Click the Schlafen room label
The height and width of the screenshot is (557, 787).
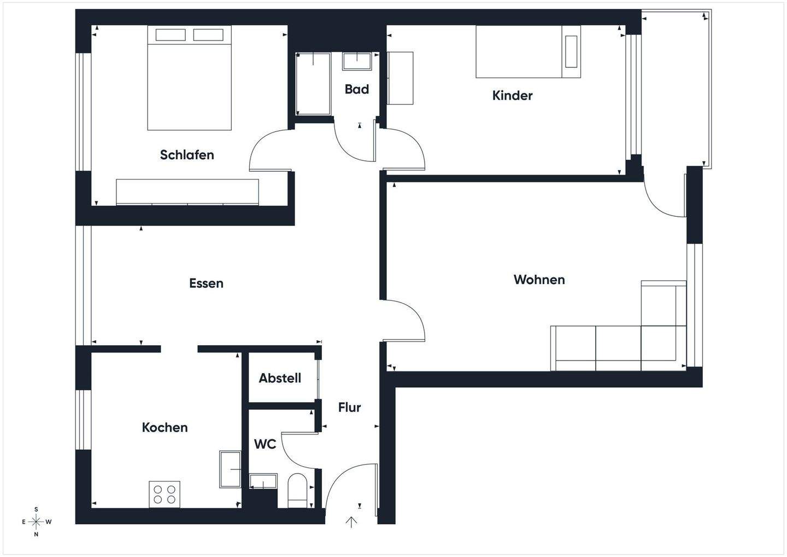click(x=187, y=155)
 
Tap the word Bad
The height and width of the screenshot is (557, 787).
click(x=356, y=89)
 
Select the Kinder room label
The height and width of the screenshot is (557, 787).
click(x=512, y=96)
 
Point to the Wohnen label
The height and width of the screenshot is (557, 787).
click(x=539, y=280)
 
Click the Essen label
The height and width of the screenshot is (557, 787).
click(x=206, y=283)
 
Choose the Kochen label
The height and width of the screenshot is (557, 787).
click(x=165, y=427)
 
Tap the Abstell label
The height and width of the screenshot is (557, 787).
click(x=280, y=378)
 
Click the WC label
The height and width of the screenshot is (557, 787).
click(x=265, y=444)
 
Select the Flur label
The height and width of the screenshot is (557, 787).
click(x=349, y=408)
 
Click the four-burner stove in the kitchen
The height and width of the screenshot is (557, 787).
click(x=165, y=494)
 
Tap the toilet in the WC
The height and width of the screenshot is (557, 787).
click(x=297, y=490)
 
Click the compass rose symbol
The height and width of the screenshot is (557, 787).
click(x=36, y=522)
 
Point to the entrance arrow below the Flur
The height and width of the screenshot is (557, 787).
click(x=351, y=522)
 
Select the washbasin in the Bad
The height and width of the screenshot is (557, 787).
click(x=357, y=61)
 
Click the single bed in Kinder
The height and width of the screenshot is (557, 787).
click(x=527, y=51)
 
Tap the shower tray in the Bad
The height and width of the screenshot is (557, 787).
click(x=313, y=84)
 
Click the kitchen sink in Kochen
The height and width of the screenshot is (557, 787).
click(x=230, y=469)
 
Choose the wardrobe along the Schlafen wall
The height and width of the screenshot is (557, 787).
click(x=187, y=192)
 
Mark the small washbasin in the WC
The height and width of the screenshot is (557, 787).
click(x=263, y=482)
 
